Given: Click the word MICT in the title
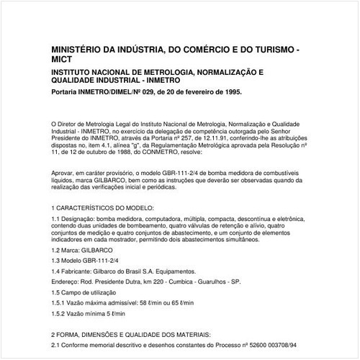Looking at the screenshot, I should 65,60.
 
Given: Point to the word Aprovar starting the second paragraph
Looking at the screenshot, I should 63,174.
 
